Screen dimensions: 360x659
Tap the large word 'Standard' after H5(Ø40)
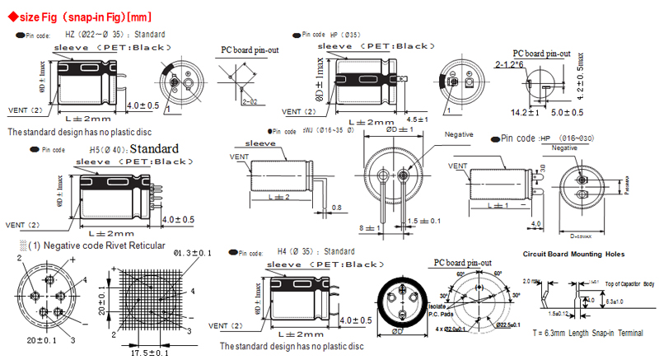[154, 149]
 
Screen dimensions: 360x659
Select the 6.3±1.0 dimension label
[624, 302]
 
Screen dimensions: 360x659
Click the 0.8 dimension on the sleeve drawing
[336, 208]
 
